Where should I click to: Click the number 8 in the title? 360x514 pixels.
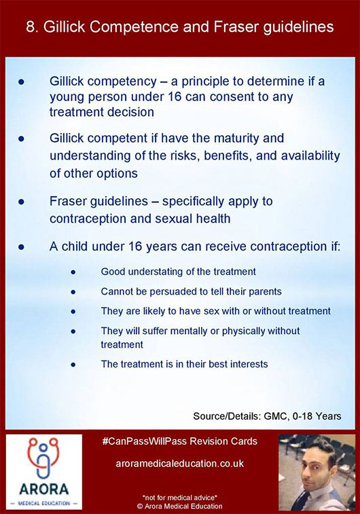(31, 27)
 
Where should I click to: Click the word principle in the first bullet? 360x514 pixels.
(204, 82)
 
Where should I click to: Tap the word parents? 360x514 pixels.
(265, 292)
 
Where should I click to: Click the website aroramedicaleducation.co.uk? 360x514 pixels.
(180, 464)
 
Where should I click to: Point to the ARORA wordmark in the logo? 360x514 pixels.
(43, 490)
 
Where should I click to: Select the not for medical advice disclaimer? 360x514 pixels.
(180, 498)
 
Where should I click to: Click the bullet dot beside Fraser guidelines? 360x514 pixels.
(22, 202)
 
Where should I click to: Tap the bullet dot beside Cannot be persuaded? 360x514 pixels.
(73, 292)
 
